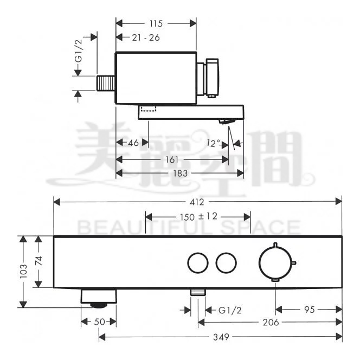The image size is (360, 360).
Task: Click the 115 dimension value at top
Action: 157,23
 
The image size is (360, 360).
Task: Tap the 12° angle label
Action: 214,143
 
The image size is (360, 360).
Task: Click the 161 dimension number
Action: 172,160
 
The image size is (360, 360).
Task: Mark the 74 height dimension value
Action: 38,261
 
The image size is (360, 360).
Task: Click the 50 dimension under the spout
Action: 99,322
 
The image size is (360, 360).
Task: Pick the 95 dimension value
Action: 309,310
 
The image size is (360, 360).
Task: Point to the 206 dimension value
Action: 269,322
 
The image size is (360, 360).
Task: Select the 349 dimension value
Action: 220,337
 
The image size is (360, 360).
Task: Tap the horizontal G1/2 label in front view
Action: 229,310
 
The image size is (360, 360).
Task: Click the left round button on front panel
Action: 197,263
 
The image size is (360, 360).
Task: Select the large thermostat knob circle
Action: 275,262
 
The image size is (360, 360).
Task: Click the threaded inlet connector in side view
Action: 106,83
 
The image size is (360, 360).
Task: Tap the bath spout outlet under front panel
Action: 99,297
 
